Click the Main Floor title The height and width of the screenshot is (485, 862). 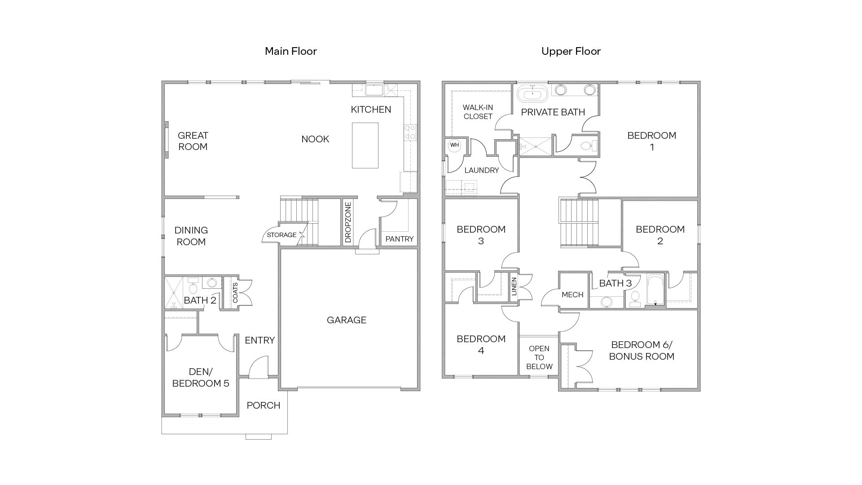pos(290,51)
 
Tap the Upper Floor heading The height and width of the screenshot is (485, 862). pos(571,51)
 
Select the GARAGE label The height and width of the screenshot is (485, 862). pos(346,320)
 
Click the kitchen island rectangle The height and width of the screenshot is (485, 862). pos(365,145)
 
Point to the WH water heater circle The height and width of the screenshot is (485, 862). pos(454,145)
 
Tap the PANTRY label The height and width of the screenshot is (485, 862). pos(399,239)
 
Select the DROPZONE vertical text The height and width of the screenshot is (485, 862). pos(348,222)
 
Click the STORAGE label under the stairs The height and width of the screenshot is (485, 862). pos(281,235)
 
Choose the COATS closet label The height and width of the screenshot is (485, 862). pos(235,292)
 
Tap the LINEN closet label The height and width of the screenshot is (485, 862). pos(514,286)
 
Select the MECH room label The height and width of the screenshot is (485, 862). pos(572,295)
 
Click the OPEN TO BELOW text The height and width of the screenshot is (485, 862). pos(539,357)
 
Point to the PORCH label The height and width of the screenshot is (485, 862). pos(263,406)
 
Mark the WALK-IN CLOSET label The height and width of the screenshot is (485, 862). pos(478,112)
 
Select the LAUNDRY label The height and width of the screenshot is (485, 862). pos(481,170)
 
